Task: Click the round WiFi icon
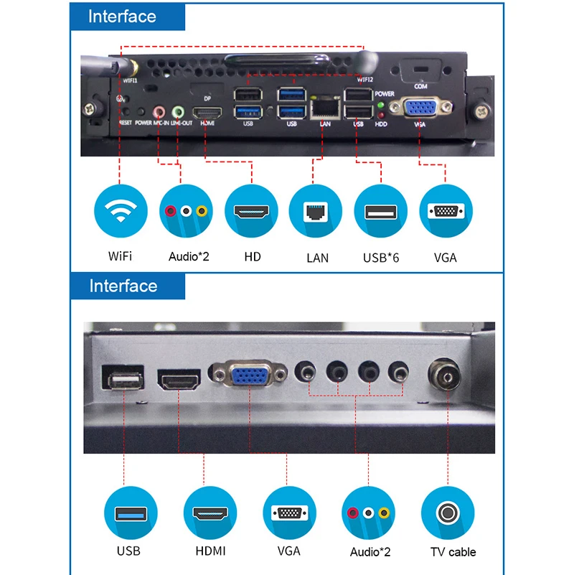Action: click(120, 211)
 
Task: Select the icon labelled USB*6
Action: click(381, 211)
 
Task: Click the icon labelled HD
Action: click(252, 211)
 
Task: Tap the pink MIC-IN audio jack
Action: click(160, 112)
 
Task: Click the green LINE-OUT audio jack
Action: click(178, 112)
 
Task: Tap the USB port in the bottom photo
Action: click(123, 378)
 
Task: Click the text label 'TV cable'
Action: click(453, 552)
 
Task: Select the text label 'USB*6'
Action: click(381, 257)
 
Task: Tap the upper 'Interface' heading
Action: click(122, 17)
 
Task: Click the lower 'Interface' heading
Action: click(123, 286)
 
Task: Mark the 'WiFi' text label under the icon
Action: click(120, 256)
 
